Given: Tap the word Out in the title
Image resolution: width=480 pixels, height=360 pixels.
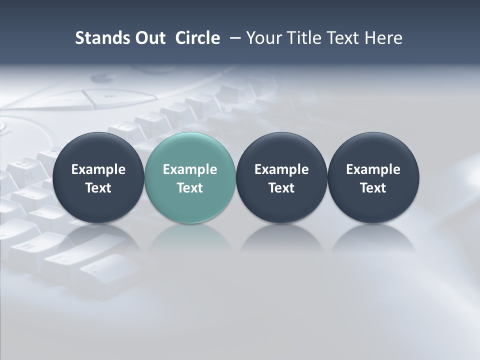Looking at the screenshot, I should [x=148, y=38].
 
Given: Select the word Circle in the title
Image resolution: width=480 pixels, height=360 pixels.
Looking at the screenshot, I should [x=197, y=38].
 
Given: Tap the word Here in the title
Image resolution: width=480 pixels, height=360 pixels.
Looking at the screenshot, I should [x=382, y=38].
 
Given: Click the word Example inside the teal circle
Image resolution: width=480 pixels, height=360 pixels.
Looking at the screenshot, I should [x=190, y=169].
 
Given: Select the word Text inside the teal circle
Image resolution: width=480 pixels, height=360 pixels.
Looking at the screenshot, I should [x=190, y=188].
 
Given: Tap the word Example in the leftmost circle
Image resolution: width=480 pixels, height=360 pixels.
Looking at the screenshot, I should [x=98, y=169].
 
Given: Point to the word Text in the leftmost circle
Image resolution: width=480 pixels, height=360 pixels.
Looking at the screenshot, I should [x=98, y=188].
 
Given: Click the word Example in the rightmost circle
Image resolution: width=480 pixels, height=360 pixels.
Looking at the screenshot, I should [x=373, y=169].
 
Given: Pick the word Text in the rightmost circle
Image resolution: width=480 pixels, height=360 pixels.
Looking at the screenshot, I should [x=373, y=188].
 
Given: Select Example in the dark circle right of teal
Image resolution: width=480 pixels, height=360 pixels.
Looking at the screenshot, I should [x=281, y=169].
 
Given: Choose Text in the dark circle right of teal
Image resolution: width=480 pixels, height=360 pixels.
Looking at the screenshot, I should [x=281, y=188].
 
